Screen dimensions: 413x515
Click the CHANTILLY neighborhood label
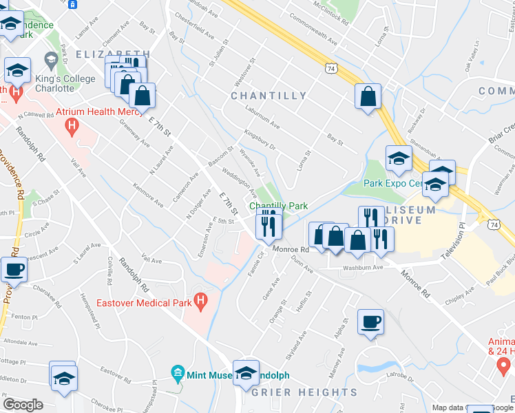(269, 96)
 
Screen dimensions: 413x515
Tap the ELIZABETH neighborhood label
(114, 54)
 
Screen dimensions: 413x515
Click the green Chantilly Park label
(278, 206)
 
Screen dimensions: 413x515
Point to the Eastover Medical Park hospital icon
(201, 300)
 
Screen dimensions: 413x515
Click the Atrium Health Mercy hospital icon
(70, 126)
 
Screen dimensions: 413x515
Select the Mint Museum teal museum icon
(178, 374)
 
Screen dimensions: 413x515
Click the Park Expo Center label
(392, 183)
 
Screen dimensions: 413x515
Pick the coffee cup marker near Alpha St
(370, 321)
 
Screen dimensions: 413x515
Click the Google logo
(23, 405)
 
